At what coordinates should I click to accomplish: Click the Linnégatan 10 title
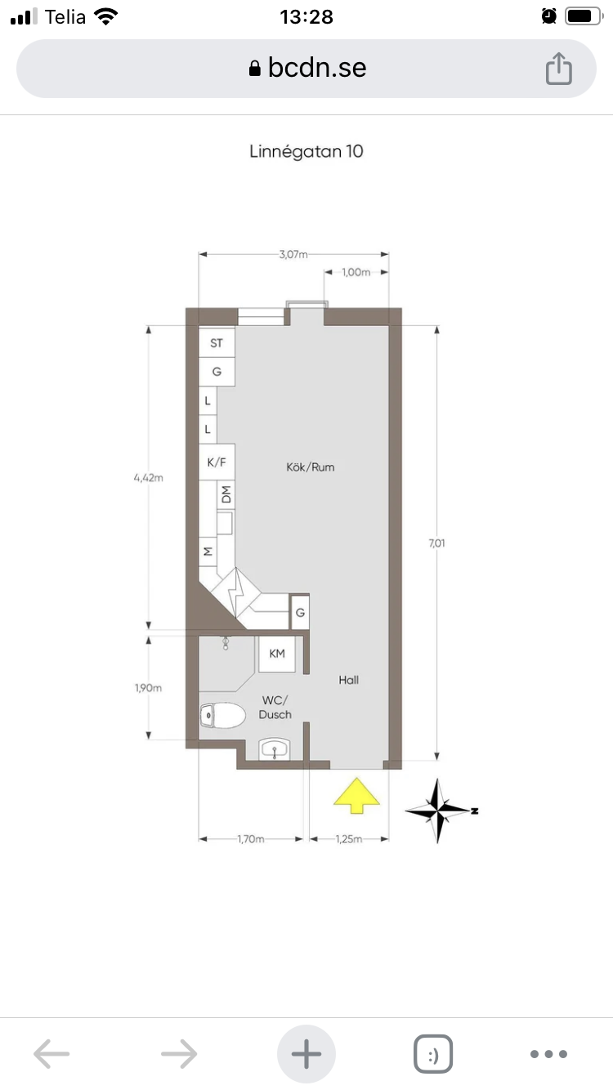(306, 151)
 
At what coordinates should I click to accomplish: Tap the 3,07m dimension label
(293, 254)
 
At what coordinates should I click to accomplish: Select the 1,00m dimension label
(356, 272)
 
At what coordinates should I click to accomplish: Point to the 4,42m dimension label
(149, 478)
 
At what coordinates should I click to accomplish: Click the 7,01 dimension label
(436, 543)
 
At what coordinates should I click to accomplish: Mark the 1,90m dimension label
(148, 687)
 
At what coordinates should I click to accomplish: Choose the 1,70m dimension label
(251, 839)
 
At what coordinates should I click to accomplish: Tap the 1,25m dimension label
(349, 839)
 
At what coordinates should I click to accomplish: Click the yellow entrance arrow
(356, 796)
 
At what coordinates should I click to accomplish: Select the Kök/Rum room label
(310, 467)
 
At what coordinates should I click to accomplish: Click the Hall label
(349, 680)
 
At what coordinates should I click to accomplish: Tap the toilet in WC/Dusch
(222, 715)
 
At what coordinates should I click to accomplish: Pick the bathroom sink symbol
(275, 750)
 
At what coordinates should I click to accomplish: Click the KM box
(276, 654)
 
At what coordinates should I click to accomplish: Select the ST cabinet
(217, 343)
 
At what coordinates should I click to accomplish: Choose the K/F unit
(217, 462)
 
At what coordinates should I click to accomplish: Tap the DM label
(226, 494)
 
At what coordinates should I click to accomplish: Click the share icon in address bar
(558, 69)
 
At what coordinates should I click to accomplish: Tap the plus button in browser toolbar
(306, 1053)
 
